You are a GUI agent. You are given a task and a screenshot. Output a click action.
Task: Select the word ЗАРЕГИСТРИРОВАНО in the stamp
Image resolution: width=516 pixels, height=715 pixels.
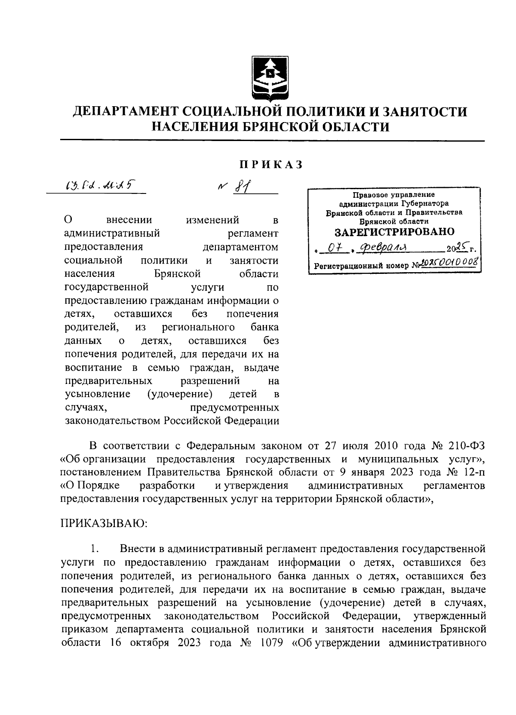394,232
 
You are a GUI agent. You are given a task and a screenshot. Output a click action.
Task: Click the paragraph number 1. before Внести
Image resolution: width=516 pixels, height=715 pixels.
95,549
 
